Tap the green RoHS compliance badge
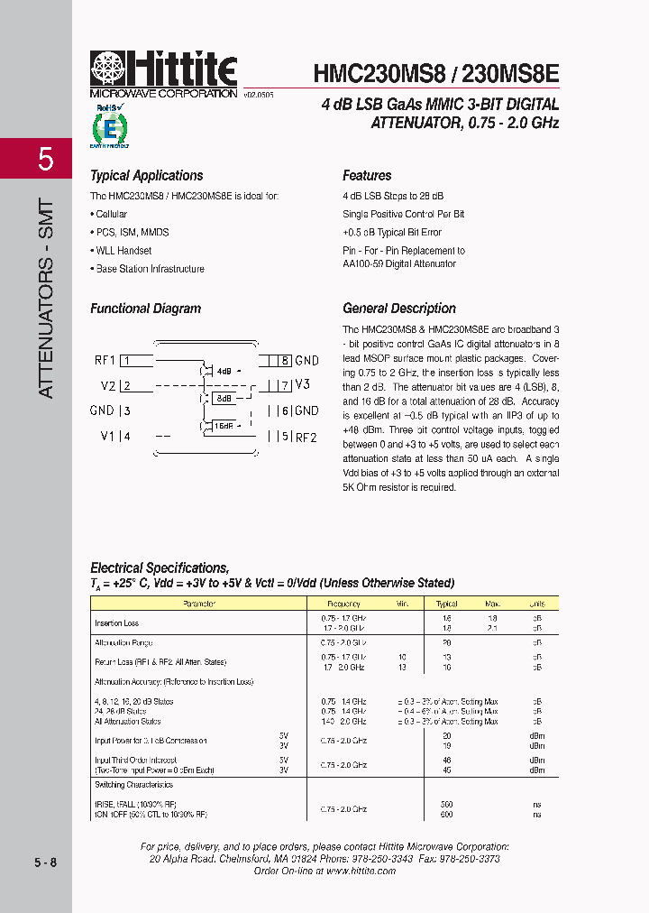109,126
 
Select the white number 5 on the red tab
46,160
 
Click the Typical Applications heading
146,176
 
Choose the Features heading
367,176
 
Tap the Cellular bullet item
110,214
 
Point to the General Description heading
399,309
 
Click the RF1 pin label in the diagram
105,361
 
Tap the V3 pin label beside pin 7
302,385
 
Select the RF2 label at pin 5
306,438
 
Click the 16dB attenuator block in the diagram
224,426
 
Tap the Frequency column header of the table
343,604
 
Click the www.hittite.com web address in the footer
363,871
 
